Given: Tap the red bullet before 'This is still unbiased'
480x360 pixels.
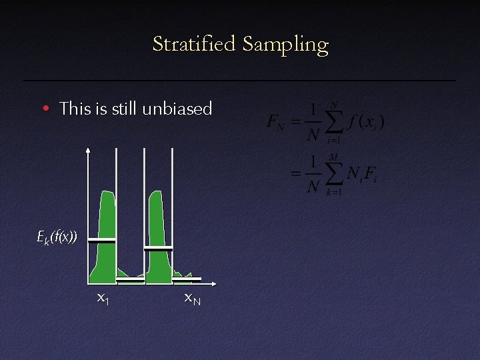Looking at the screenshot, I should tap(45, 108).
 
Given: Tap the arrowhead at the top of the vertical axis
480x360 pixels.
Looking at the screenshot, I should tap(89, 151).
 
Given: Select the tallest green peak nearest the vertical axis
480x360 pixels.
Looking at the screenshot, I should tap(106, 220).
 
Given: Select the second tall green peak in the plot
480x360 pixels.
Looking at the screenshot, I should tap(157, 220).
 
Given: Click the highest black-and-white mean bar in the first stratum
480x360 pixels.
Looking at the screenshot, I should tap(102, 239).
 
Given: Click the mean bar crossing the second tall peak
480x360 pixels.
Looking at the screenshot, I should tap(158, 248).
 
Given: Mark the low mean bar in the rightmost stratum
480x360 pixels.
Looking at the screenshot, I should tap(185, 279).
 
